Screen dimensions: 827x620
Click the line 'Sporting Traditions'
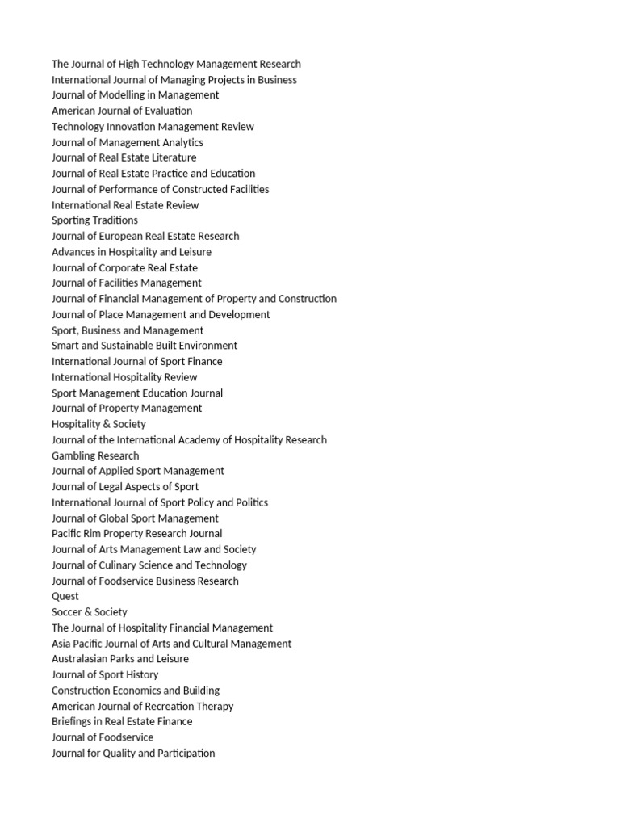[x=94, y=220]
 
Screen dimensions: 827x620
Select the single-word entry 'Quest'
[x=65, y=596]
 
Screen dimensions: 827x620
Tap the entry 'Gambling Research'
[x=95, y=455]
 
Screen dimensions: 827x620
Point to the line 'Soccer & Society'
[x=90, y=612]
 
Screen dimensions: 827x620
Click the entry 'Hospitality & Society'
[x=98, y=424]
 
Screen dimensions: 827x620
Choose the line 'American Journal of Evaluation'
[x=122, y=111]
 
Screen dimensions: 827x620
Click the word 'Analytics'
[x=183, y=142]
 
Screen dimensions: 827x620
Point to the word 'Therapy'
[x=216, y=706]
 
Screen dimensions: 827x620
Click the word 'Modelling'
[x=122, y=95]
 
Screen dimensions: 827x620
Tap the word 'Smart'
[x=66, y=346]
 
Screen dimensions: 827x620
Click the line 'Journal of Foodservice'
[x=103, y=737]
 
